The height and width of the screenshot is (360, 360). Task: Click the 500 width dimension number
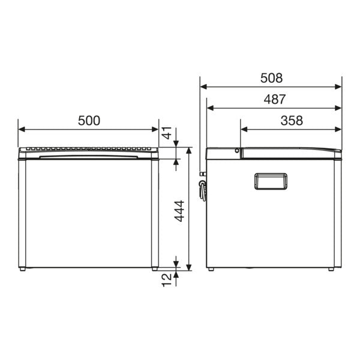pos(89,120)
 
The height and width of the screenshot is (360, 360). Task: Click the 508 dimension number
pos(271,78)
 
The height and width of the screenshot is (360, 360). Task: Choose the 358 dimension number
pos(291,120)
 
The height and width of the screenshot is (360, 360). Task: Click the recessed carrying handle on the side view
pos(271,181)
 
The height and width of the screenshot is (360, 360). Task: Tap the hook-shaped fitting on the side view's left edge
pos(203,190)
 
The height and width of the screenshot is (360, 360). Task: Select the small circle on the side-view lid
pos(238,151)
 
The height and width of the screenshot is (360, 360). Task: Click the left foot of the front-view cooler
pos(22,269)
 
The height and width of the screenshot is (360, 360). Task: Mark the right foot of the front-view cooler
pos(155,269)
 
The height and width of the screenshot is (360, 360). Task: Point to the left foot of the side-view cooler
pos(211,270)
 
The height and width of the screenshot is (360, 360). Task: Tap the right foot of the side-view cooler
pos(331,270)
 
